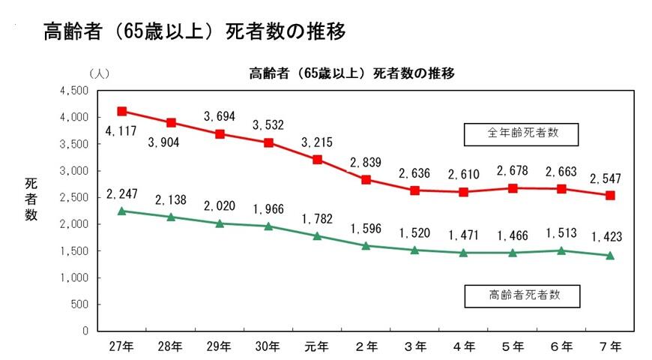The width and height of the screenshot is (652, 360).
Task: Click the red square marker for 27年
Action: click(x=122, y=111)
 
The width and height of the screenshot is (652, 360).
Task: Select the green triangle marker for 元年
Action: click(x=317, y=235)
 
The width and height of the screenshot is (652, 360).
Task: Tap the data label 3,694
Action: click(x=220, y=116)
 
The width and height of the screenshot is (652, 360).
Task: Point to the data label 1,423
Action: click(x=609, y=238)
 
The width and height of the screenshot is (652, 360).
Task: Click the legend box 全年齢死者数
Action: click(x=522, y=134)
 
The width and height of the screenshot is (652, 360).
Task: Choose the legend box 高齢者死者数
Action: click(x=522, y=295)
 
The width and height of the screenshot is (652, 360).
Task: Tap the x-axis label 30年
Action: click(x=268, y=346)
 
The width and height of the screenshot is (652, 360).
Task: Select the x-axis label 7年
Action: click(x=610, y=346)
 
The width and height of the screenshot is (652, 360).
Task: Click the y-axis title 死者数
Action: click(x=31, y=199)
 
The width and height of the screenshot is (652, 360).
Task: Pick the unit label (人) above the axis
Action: click(x=99, y=74)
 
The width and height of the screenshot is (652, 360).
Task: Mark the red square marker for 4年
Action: click(x=464, y=192)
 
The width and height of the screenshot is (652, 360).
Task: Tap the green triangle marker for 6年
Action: click(x=561, y=250)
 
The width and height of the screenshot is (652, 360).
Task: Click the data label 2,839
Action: click(x=366, y=163)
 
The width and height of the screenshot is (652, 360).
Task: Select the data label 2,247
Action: click(x=122, y=194)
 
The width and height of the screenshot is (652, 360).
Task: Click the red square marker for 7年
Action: click(x=610, y=195)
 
